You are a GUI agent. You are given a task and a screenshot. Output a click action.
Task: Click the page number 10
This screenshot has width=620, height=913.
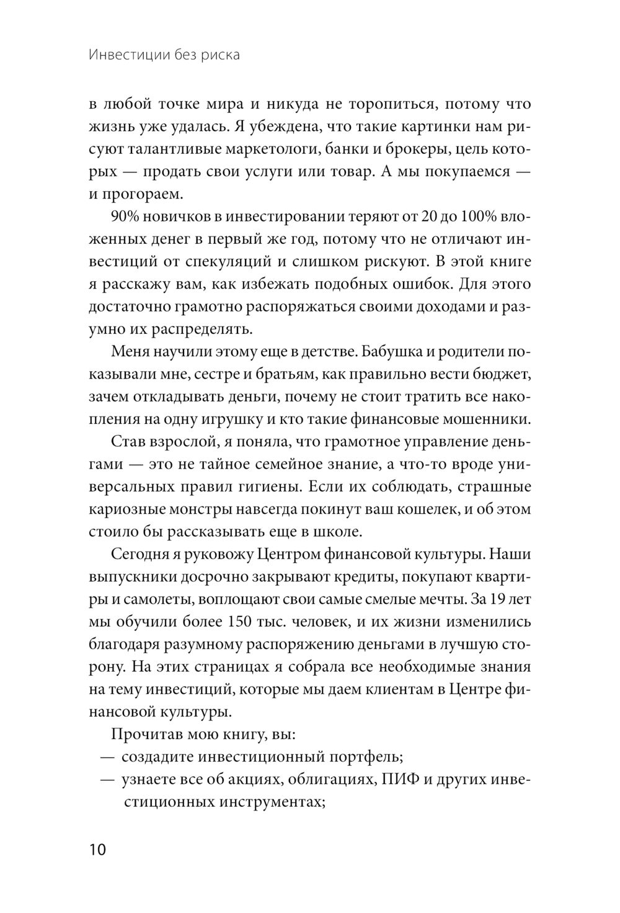[97, 849]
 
